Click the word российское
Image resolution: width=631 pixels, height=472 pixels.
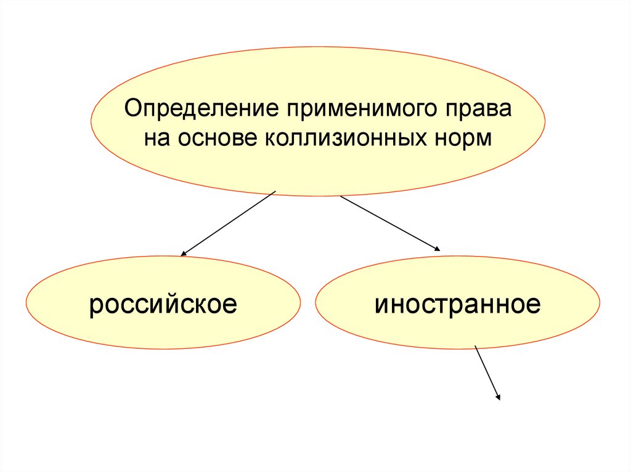tap(163, 305)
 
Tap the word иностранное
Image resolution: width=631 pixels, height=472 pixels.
tap(457, 304)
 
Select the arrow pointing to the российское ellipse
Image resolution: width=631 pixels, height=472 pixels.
tap(228, 223)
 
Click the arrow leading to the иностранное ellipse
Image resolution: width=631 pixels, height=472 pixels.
tap(390, 223)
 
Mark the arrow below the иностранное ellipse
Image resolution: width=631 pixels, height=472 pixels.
tap(487, 373)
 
